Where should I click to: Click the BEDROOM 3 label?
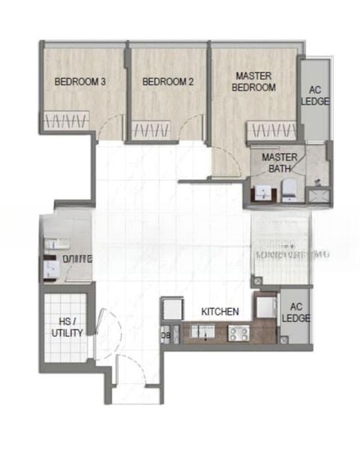click(79, 82)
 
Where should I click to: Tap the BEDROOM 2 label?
click(168, 82)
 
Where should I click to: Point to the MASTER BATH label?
click(280, 163)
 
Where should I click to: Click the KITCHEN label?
click(220, 310)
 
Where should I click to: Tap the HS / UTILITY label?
click(67, 327)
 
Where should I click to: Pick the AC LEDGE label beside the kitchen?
click(295, 312)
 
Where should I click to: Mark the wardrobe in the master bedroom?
click(273, 130)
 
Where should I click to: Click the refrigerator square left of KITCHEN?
click(171, 307)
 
